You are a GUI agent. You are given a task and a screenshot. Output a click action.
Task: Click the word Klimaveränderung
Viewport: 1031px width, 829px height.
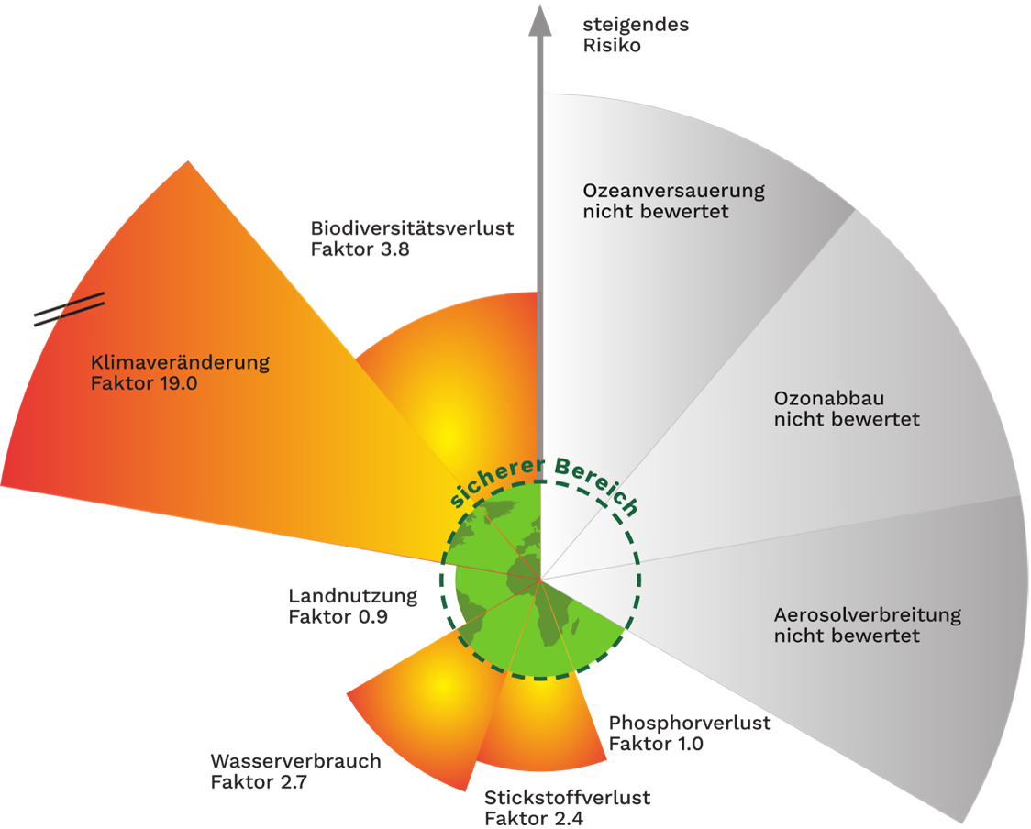tap(181, 362)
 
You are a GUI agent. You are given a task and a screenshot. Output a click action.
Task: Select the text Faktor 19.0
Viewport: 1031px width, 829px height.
tap(144, 383)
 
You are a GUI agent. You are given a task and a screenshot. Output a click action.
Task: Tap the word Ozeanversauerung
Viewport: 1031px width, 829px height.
tap(673, 191)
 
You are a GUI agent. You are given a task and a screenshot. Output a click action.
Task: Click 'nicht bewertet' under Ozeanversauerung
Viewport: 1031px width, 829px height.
tap(655, 212)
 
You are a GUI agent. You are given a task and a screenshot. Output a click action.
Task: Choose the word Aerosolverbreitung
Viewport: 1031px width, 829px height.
tap(867, 614)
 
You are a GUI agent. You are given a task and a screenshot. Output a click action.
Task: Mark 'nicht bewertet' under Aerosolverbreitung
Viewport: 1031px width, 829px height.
tap(846, 636)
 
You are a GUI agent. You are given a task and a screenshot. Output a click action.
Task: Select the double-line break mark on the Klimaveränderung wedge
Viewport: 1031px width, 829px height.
tap(70, 307)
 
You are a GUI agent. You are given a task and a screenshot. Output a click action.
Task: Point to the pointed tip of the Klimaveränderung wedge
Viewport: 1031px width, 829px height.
tap(188, 163)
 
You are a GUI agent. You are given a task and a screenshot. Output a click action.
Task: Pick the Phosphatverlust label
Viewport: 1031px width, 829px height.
tap(688, 723)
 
